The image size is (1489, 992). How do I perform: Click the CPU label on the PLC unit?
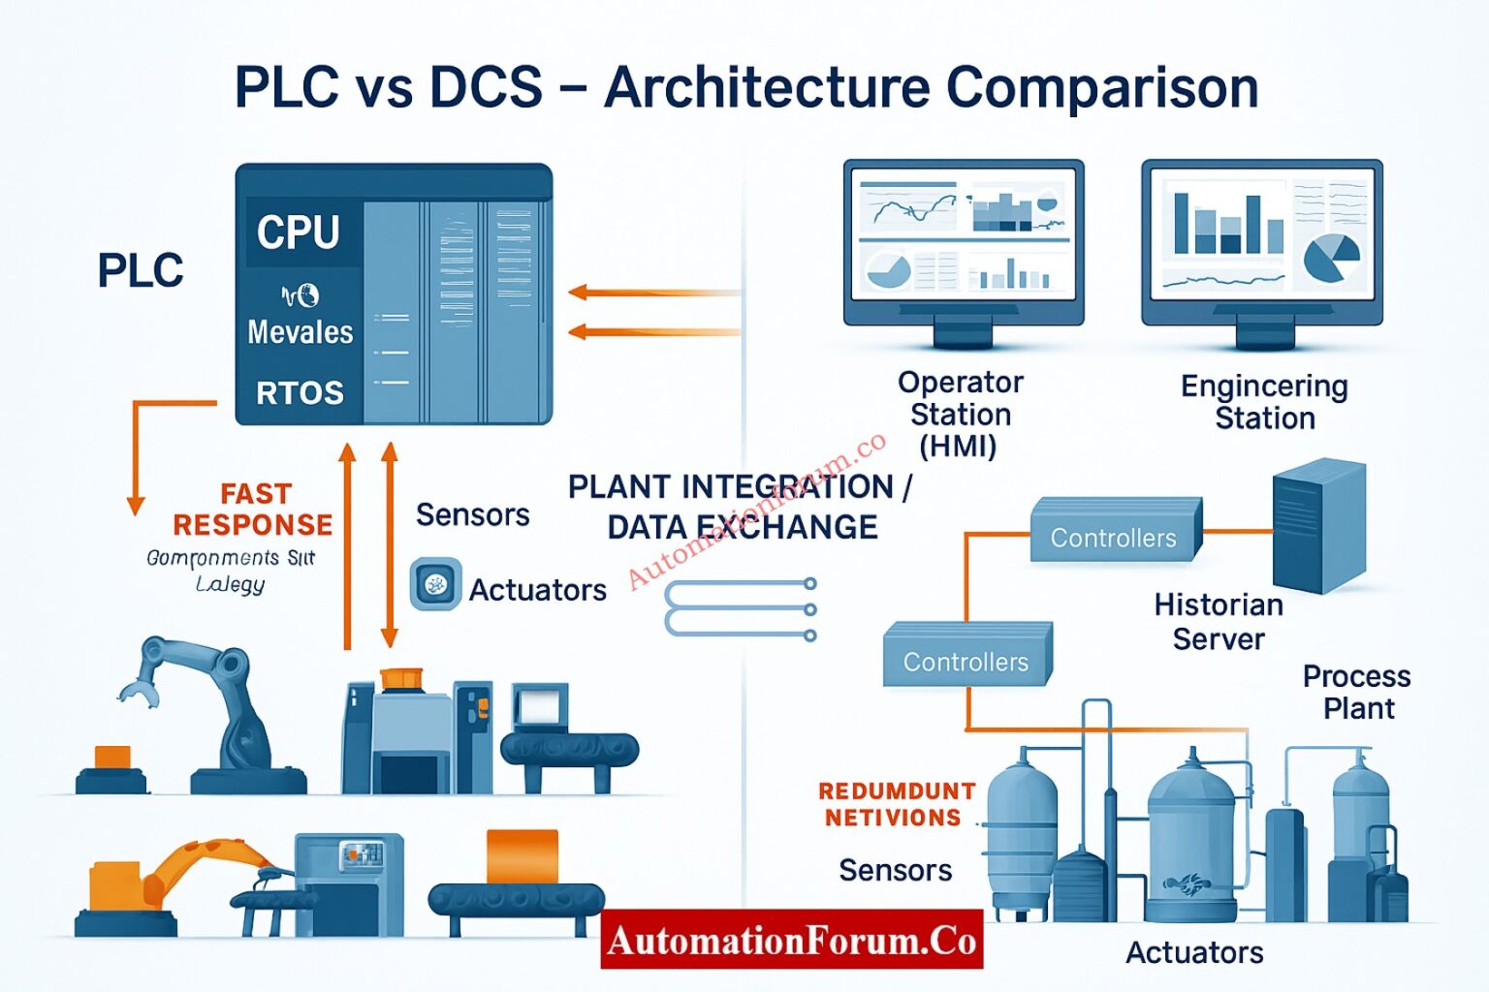(299, 232)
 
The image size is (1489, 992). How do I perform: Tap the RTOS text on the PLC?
(300, 393)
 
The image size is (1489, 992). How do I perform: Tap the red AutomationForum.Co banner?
(791, 940)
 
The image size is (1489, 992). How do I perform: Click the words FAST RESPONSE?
(253, 510)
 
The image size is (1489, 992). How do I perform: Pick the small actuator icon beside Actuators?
(435, 584)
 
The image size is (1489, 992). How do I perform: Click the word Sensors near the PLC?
(472, 514)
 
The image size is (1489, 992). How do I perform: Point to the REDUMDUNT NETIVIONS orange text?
(896, 804)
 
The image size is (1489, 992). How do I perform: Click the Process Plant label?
(1356, 692)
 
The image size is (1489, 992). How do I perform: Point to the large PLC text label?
(141, 270)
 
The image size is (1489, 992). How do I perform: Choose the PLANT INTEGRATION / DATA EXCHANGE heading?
(740, 507)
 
